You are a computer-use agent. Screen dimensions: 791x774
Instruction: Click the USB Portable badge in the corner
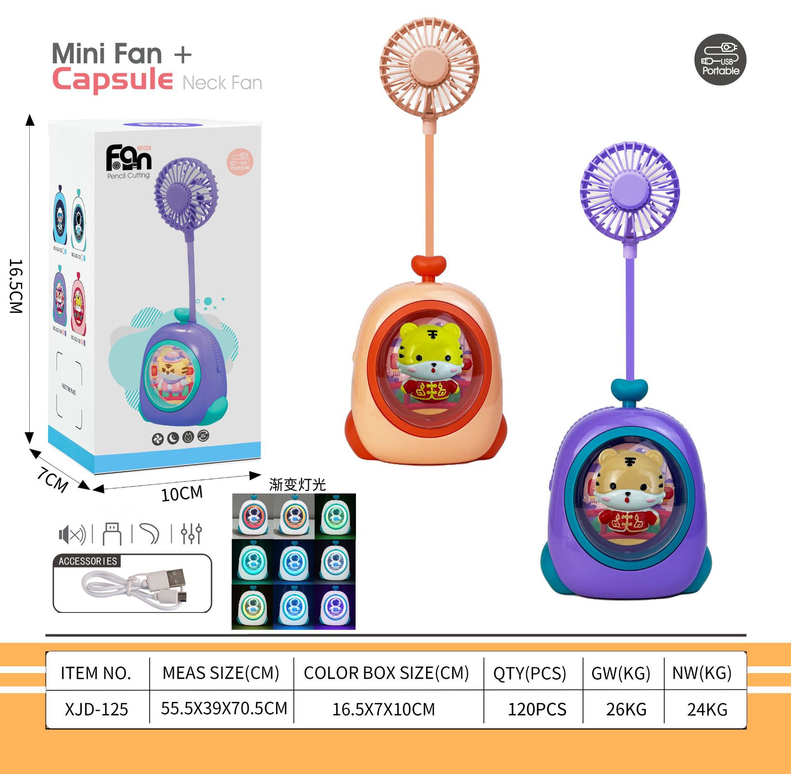(x=720, y=59)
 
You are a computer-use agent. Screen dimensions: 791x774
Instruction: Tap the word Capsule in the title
(x=112, y=80)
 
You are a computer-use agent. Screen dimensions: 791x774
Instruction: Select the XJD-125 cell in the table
(x=96, y=709)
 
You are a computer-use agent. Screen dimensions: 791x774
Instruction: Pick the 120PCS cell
(x=537, y=709)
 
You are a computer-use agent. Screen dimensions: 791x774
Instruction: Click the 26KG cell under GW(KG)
(x=626, y=709)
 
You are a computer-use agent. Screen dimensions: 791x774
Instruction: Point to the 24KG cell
(x=707, y=709)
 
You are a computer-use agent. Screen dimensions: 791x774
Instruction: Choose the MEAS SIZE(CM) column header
(x=221, y=673)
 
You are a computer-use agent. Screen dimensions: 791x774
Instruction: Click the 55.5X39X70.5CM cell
(x=224, y=709)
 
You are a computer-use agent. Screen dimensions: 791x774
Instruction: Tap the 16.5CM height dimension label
(x=16, y=286)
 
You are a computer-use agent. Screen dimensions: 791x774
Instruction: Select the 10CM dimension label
(x=182, y=493)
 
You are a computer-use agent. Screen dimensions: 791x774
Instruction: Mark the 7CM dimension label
(x=53, y=479)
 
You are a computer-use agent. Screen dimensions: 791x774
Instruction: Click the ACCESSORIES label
(x=88, y=561)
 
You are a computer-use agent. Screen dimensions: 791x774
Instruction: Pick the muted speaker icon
(x=72, y=534)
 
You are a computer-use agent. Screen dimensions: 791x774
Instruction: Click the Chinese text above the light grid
(x=297, y=485)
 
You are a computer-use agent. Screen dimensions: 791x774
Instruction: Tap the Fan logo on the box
(x=129, y=158)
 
